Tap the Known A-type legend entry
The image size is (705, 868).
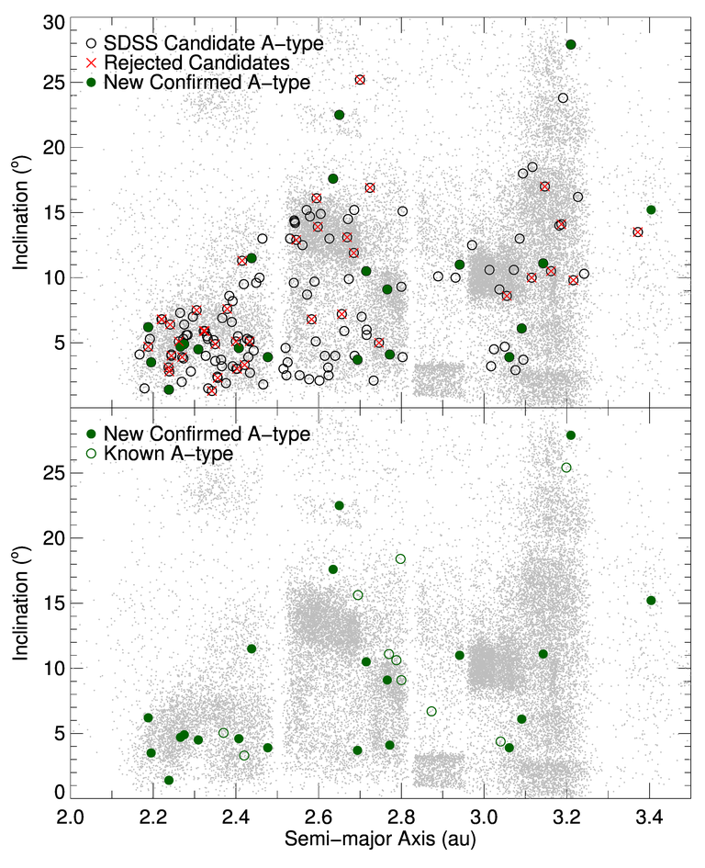coord(162,453)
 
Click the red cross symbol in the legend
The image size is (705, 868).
coord(91,62)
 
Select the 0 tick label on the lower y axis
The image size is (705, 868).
coord(57,792)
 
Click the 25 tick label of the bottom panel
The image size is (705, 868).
coord(50,472)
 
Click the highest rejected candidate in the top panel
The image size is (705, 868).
coord(360,80)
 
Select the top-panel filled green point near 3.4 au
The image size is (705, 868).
coord(651,209)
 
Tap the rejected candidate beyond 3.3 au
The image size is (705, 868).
coord(637,231)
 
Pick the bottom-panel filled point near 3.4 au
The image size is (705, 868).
coord(651,601)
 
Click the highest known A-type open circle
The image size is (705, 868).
coord(566,468)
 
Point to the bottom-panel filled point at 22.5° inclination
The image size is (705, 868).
coord(339,505)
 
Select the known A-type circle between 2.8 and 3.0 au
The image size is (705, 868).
coord(431,712)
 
